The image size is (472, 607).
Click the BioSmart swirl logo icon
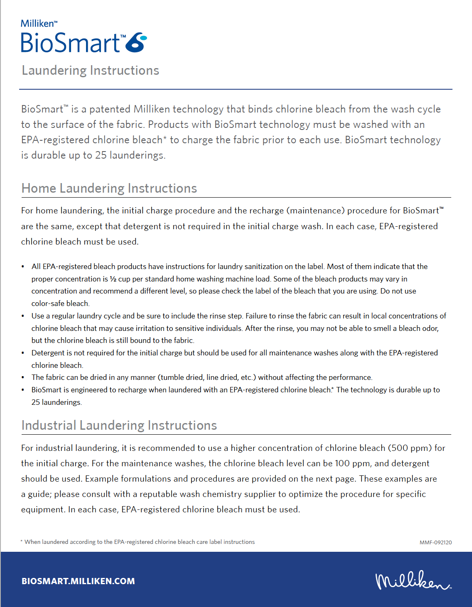pyautogui.click(x=136, y=42)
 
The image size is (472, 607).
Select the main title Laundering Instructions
pyautogui.click(x=91, y=71)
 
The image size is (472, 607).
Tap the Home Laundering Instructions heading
pyautogui.click(x=109, y=188)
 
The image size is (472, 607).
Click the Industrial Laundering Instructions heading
pyautogui.click(x=119, y=426)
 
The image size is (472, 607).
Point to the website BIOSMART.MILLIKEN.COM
pyautogui.click(x=78, y=581)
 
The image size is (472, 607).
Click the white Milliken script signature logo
pyautogui.click(x=413, y=580)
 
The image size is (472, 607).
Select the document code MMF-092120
pyautogui.click(x=435, y=542)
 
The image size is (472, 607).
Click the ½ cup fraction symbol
pyautogui.click(x=113, y=279)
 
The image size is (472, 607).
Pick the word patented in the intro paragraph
pyautogui.click(x=110, y=109)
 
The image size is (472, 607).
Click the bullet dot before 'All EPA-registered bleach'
pyautogui.click(x=23, y=267)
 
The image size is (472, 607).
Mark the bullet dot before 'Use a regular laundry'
pyautogui.click(x=23, y=316)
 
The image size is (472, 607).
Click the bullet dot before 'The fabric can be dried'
pyautogui.click(x=23, y=377)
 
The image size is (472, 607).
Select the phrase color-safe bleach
pyautogui.click(x=60, y=303)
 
